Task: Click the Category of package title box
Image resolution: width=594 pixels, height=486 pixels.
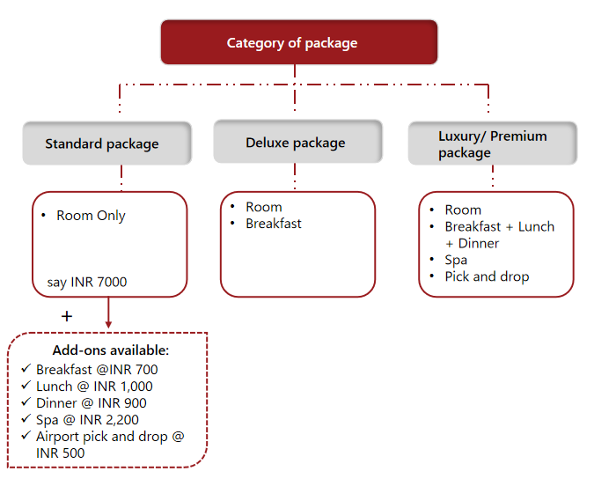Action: point(298,42)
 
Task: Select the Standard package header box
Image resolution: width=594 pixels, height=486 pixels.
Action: point(106,144)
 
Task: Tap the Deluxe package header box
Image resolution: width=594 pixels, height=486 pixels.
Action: point(297,143)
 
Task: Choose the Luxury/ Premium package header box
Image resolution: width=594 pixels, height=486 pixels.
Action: point(492,144)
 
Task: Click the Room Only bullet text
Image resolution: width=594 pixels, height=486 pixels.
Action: point(91,216)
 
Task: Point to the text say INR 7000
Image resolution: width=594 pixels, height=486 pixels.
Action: point(86,283)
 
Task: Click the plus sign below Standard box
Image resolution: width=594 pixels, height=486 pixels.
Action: point(67,316)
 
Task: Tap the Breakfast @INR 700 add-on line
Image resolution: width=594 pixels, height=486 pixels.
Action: point(97,370)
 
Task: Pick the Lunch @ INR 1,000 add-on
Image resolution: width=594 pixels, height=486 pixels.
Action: point(94,387)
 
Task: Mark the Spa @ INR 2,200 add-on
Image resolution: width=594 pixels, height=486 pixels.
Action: point(87,420)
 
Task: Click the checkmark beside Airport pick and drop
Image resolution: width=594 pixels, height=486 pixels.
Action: point(26,436)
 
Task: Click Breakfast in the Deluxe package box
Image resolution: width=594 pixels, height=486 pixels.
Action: point(274,224)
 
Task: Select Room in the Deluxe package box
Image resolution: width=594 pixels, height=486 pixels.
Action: point(264,207)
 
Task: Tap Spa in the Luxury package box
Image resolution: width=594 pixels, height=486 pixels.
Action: point(456,260)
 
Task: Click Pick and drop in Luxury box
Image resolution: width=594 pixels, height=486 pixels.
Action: point(487,276)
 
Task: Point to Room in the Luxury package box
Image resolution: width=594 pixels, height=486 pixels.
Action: point(463,210)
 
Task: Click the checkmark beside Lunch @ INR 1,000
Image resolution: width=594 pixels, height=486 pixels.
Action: point(26,386)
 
